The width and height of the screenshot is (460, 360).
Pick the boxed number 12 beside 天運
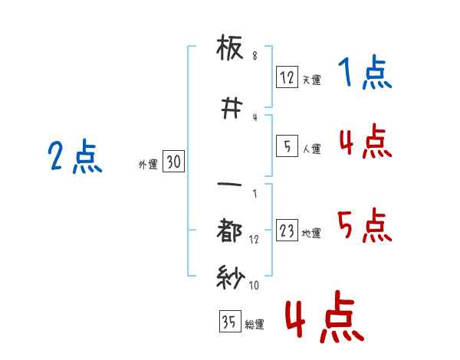tap(287, 77)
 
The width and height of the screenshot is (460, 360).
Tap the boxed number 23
tap(287, 231)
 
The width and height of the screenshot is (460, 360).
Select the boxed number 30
tap(173, 162)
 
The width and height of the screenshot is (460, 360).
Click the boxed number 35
tap(229, 322)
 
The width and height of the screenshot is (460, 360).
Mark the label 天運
tap(311, 79)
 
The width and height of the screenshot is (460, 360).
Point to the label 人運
tap(311, 149)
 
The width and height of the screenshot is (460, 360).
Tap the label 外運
tap(147, 164)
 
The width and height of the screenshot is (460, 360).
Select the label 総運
tap(255, 324)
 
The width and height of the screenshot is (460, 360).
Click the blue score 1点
tap(365, 74)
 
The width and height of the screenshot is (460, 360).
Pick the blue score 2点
tap(74, 158)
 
